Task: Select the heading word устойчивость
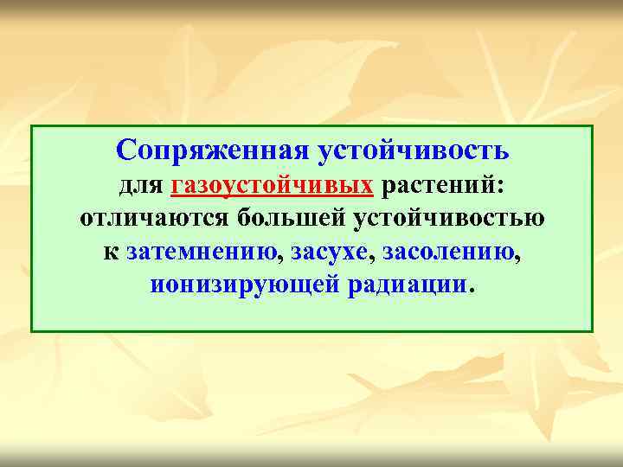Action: coord(414,150)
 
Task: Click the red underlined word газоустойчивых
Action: coord(273,185)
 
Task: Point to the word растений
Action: coord(440,185)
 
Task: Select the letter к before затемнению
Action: coord(111,253)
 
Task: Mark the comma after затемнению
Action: coord(285,258)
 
